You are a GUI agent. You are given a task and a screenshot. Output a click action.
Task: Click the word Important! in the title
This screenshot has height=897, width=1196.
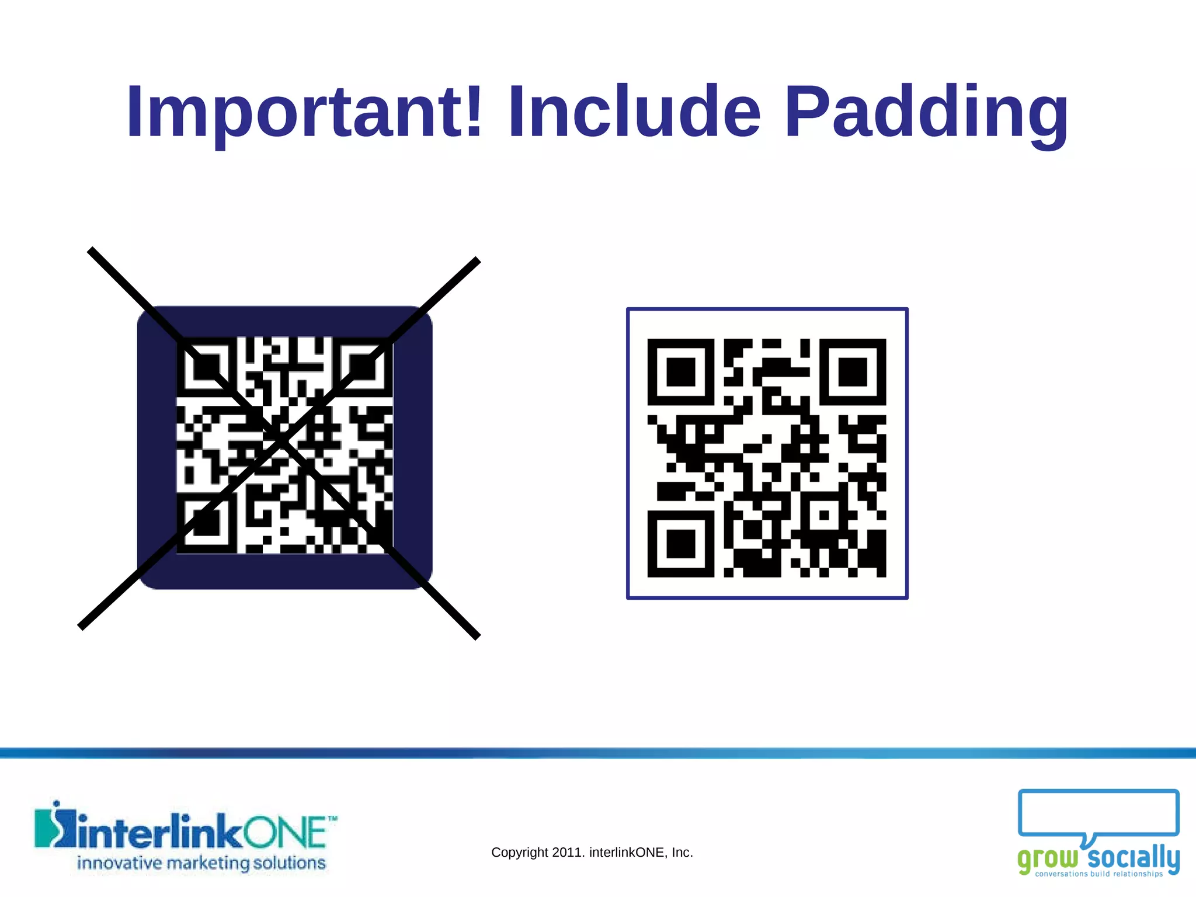click(x=304, y=112)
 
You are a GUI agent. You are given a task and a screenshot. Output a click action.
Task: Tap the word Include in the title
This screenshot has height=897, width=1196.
click(x=634, y=112)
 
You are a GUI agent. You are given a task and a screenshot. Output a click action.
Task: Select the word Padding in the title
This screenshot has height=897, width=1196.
click(x=926, y=112)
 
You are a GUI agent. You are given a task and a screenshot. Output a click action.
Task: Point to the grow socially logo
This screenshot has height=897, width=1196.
click(x=1098, y=833)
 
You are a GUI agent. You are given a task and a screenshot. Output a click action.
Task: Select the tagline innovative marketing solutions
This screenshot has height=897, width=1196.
click(x=201, y=863)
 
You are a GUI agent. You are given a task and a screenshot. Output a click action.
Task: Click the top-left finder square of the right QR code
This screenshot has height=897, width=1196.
click(x=681, y=372)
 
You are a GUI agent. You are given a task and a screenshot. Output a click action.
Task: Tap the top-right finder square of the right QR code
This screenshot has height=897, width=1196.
click(x=853, y=372)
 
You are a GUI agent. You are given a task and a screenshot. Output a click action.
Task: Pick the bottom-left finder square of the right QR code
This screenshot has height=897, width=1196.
click(x=681, y=544)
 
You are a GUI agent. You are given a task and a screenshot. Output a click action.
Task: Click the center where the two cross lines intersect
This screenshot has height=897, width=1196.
click(x=281, y=441)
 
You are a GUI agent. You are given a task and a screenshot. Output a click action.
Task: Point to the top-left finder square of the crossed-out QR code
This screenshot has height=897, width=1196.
click(x=207, y=367)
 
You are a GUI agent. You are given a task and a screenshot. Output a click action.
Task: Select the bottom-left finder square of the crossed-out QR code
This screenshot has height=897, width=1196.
click(x=207, y=523)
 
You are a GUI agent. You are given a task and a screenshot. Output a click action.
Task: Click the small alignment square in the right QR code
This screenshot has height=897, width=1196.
click(x=824, y=515)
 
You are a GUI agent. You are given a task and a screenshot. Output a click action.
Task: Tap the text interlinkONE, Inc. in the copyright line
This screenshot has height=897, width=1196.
click(x=641, y=853)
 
